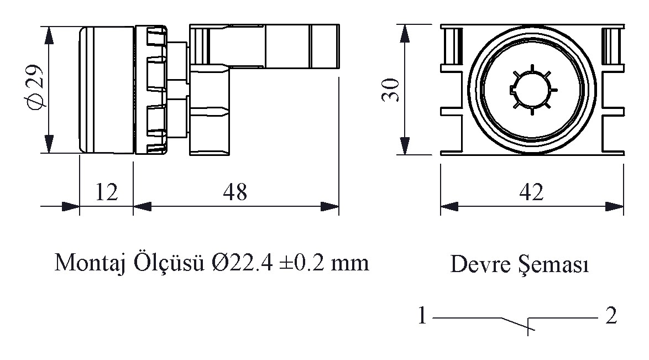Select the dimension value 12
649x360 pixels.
tap(106, 192)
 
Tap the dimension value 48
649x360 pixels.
tap(235, 192)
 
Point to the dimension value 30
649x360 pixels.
tap(391, 90)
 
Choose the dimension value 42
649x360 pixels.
tap(531, 192)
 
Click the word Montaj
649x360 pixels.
tap(90, 263)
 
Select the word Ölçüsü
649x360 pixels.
tap(169, 263)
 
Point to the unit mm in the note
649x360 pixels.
tap(350, 265)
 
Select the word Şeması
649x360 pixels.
tap(553, 265)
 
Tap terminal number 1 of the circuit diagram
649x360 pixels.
tap(422, 316)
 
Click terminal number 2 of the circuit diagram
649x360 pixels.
tap(611, 316)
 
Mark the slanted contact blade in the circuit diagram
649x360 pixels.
tap(518, 324)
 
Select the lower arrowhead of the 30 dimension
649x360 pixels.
tap(405, 145)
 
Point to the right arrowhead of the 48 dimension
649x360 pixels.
tap(330, 206)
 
